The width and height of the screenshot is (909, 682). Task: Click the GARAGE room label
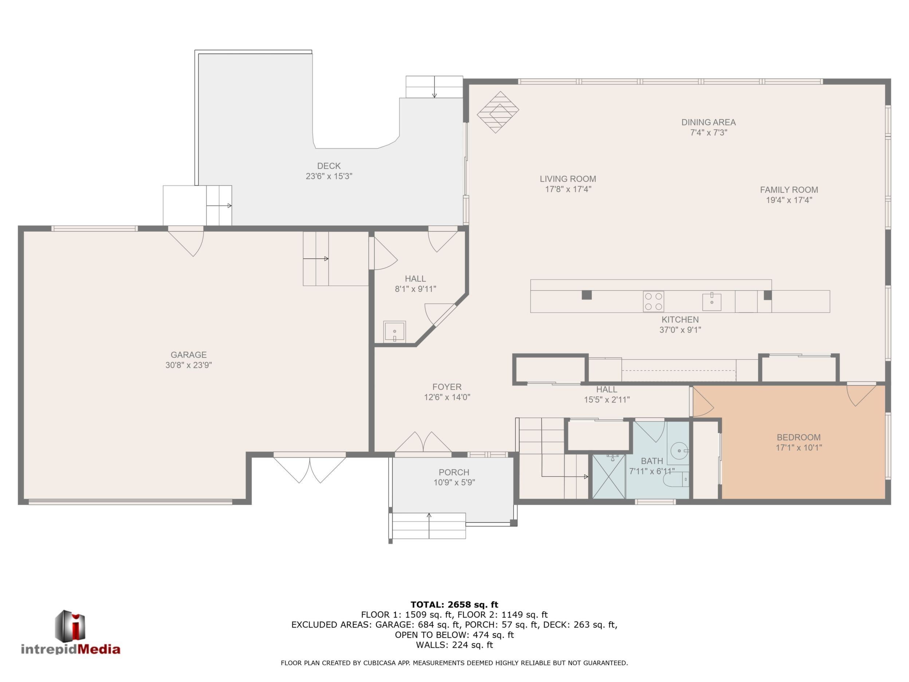[189, 355]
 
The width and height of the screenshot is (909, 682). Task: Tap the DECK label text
[329, 166]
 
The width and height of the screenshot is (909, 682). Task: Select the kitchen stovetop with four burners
[653, 301]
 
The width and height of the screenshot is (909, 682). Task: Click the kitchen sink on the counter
[712, 301]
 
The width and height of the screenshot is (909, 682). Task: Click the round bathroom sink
[680, 451]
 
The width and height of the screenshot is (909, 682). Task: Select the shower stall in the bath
[609, 476]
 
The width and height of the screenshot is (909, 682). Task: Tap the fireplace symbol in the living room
[497, 112]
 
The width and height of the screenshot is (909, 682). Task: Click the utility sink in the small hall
[394, 331]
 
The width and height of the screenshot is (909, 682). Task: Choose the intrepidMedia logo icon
[70, 626]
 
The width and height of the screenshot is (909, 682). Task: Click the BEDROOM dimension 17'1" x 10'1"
[798, 448]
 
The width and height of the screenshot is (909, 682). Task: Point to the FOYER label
[447, 387]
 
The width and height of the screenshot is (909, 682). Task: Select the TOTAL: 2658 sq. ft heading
[454, 604]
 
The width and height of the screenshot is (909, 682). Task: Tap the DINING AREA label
[708, 122]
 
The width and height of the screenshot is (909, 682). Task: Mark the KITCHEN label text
[680, 320]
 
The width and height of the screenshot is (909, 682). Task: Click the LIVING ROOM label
[568, 179]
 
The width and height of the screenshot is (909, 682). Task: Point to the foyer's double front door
[423, 443]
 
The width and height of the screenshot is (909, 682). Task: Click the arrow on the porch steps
[429, 525]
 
